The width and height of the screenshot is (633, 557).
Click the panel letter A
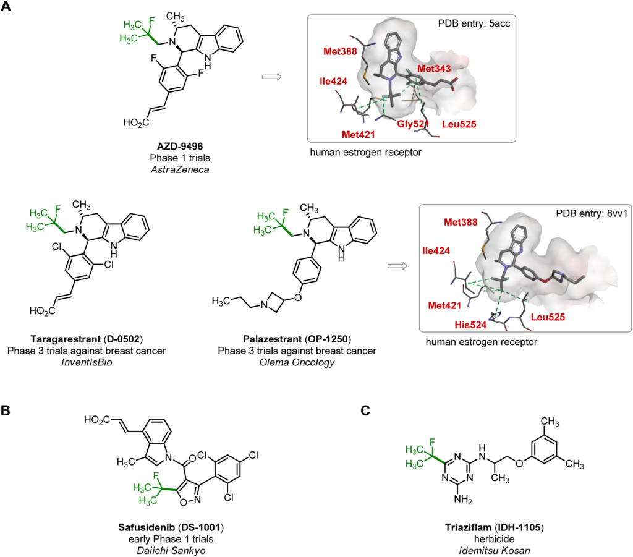(x=6, y=6)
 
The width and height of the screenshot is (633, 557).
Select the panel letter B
(x=6, y=410)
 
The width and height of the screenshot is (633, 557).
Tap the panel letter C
(x=365, y=410)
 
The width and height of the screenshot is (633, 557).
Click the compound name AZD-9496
(x=180, y=146)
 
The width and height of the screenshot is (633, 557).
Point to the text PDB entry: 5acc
(x=474, y=23)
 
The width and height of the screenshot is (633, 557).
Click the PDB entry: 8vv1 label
(x=592, y=213)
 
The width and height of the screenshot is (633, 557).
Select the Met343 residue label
(x=434, y=69)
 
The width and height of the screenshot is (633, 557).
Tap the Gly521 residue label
(x=412, y=124)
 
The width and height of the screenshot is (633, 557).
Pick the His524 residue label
(x=470, y=325)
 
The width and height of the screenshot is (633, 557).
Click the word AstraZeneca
(x=180, y=169)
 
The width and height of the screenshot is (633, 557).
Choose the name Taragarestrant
(x=66, y=339)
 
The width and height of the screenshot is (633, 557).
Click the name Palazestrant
(x=272, y=339)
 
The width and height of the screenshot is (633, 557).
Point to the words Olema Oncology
(x=297, y=362)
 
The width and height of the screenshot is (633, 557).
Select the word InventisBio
(x=87, y=362)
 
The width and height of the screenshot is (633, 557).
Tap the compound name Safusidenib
(x=147, y=527)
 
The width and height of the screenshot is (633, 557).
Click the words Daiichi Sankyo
(x=171, y=551)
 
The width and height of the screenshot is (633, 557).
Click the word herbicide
(x=494, y=539)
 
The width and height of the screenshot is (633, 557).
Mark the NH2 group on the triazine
(x=462, y=500)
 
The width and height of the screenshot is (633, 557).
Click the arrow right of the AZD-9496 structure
(x=272, y=77)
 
